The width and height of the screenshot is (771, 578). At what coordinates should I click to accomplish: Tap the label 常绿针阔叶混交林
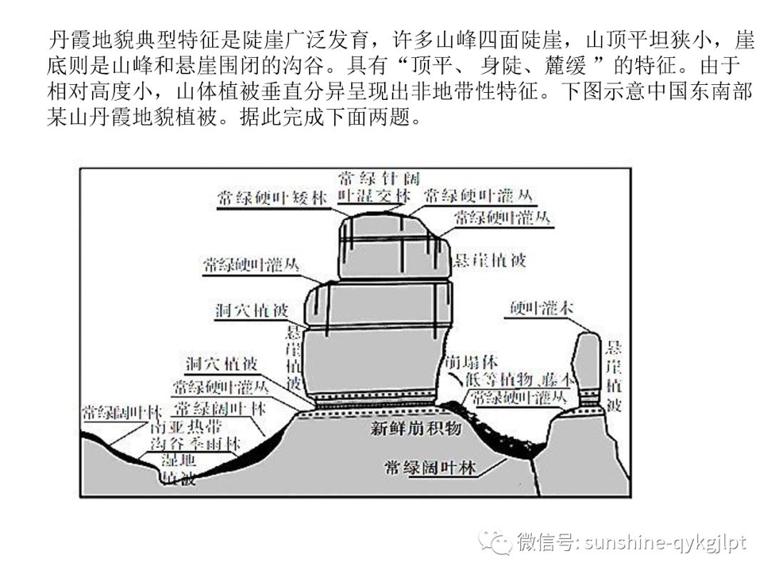pyautogui.click(x=375, y=186)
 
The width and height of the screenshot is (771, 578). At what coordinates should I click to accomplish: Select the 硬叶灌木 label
pyautogui.click(x=543, y=308)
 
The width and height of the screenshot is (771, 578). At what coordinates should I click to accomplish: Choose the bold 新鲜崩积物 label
pyautogui.click(x=416, y=428)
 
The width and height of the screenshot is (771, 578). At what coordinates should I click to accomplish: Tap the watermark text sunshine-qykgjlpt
pyautogui.click(x=665, y=543)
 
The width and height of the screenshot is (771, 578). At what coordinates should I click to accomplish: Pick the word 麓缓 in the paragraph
pyautogui.click(x=563, y=67)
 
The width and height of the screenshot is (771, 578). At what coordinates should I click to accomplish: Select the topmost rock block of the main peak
pyautogui.click(x=393, y=246)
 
